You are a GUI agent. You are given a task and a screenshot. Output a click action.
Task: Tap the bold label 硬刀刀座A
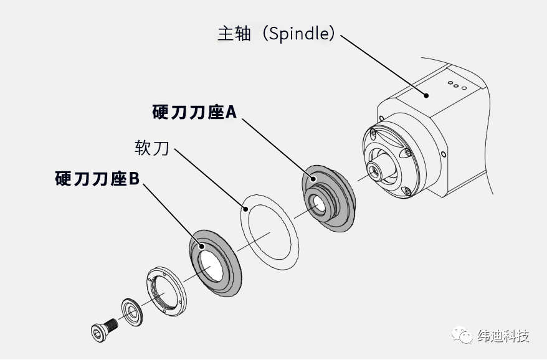[x=194, y=112]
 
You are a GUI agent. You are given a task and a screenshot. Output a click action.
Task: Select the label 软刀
[x=152, y=148]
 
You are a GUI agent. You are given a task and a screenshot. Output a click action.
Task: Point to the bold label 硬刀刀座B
[x=97, y=179]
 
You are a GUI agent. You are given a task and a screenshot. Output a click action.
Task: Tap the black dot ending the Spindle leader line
[x=426, y=95]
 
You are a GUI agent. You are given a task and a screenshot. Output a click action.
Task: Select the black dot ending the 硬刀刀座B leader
[x=202, y=247]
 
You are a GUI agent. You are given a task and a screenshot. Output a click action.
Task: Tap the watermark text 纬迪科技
[x=503, y=336]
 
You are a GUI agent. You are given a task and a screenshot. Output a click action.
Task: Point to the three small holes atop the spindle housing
[x=456, y=85]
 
